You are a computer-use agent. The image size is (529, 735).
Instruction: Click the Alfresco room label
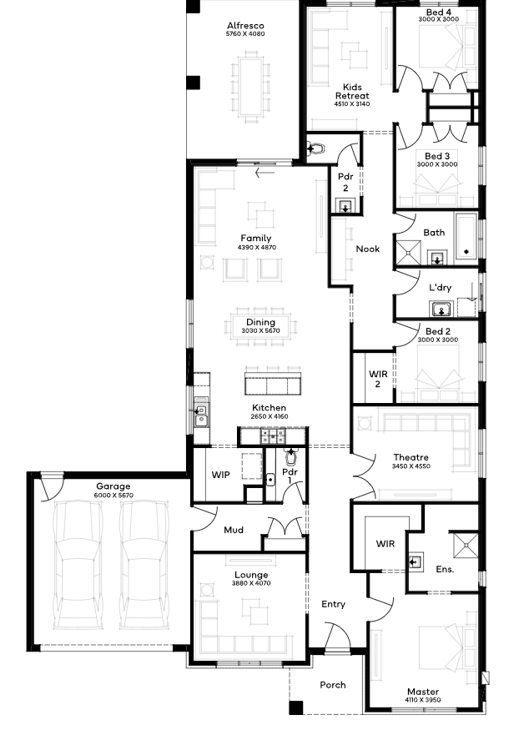[245, 26]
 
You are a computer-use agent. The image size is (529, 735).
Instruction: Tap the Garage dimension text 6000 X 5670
[113, 495]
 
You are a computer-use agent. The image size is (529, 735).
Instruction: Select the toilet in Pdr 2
[315, 149]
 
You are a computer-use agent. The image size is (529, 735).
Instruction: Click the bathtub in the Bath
[466, 236]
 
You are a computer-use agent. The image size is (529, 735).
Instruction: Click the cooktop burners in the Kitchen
[273, 436]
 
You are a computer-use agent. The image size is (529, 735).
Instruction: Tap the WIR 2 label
[378, 380]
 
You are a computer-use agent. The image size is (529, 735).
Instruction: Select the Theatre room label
[411, 457]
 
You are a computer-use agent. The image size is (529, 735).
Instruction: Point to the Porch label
[333, 685]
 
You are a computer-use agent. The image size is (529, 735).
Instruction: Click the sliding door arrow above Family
[264, 174]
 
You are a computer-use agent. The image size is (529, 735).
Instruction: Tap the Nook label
[368, 249]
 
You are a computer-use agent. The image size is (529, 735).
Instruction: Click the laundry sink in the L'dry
[441, 310]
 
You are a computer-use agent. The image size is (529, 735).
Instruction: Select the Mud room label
[234, 530]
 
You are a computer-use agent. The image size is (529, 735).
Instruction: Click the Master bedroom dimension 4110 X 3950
[423, 700]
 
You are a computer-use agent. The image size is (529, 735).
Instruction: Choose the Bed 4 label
[439, 13]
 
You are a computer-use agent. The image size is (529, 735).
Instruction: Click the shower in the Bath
[409, 254]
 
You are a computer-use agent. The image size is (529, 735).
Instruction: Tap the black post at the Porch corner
[295, 707]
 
